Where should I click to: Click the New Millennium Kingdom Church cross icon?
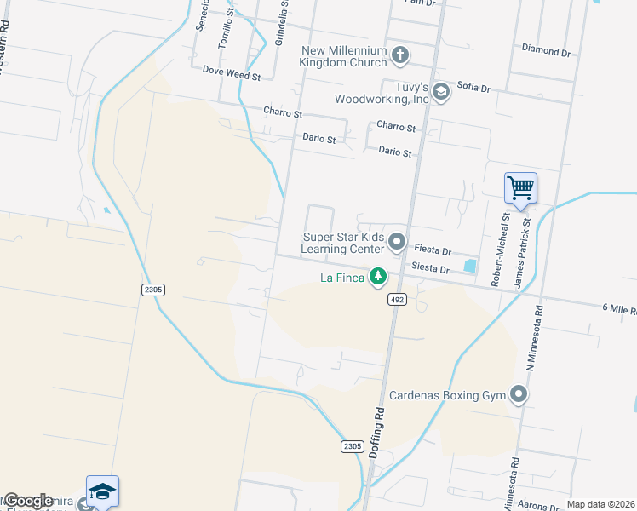tap(400, 55)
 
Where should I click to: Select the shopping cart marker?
tap(520, 187)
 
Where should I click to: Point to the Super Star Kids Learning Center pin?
tap(397, 243)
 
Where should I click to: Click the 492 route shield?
tap(398, 300)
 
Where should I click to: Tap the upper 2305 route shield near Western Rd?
tap(153, 290)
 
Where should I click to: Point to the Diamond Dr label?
tap(546, 52)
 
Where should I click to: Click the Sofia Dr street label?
tap(473, 88)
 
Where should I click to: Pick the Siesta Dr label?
tap(429, 267)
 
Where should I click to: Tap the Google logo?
tap(28, 501)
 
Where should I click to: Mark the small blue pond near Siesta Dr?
tap(470, 266)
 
